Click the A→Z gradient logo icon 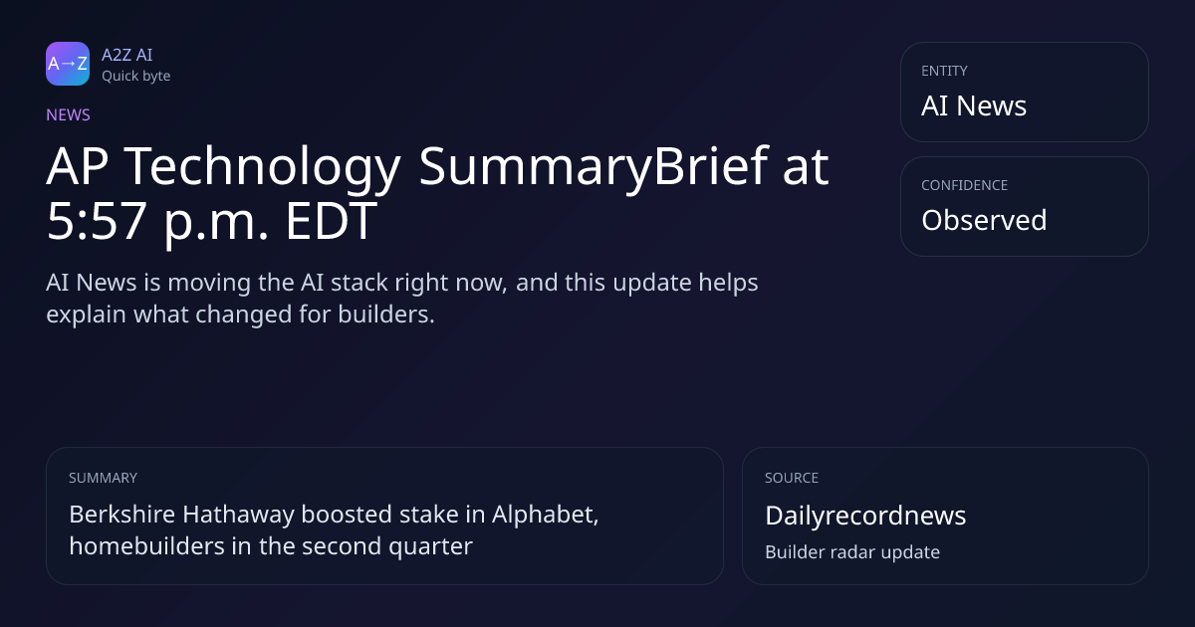click(x=68, y=64)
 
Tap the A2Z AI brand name click(x=127, y=55)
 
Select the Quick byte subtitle click(x=136, y=77)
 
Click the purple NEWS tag click(x=68, y=115)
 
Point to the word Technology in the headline click(x=262, y=167)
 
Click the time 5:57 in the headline click(x=97, y=221)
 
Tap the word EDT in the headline click(x=332, y=221)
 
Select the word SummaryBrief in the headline click(x=594, y=167)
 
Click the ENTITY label click(x=944, y=71)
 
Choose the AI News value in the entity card click(x=974, y=105)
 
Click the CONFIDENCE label click(x=965, y=185)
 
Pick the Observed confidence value click(x=984, y=220)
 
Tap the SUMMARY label click(x=103, y=478)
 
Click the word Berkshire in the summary click(x=122, y=515)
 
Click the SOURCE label click(x=792, y=478)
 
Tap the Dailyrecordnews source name click(x=865, y=516)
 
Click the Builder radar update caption click(x=852, y=552)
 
